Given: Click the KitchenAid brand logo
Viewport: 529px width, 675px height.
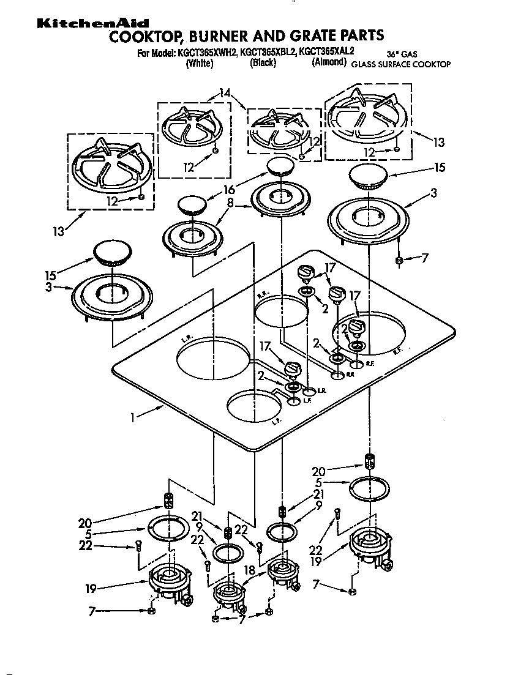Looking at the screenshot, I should [x=92, y=23].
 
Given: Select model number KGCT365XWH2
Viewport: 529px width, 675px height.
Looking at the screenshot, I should [x=207, y=53].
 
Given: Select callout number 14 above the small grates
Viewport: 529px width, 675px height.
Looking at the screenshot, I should [x=225, y=94].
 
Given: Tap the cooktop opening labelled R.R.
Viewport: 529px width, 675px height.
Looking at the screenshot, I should [x=282, y=311].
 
